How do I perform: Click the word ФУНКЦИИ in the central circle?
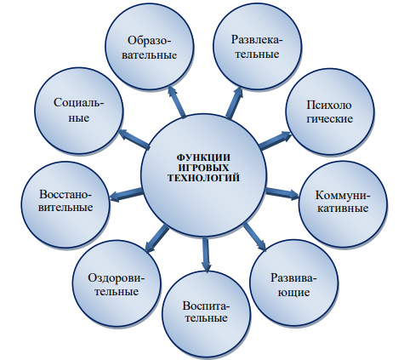(x=203, y=157)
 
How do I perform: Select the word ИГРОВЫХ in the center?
(x=204, y=168)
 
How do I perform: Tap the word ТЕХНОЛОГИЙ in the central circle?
(x=203, y=178)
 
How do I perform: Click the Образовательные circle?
(x=150, y=47)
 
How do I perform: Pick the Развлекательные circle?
(x=258, y=46)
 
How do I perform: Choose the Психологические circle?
(x=330, y=111)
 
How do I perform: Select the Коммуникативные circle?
(x=343, y=203)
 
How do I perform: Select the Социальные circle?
(x=79, y=111)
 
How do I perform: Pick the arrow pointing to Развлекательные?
(x=234, y=102)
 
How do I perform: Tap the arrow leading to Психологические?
(x=276, y=140)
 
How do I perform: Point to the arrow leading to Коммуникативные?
(x=282, y=194)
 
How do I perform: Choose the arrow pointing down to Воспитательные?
(x=206, y=255)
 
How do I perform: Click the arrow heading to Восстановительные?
(x=126, y=195)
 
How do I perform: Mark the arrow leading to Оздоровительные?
(x=156, y=238)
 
